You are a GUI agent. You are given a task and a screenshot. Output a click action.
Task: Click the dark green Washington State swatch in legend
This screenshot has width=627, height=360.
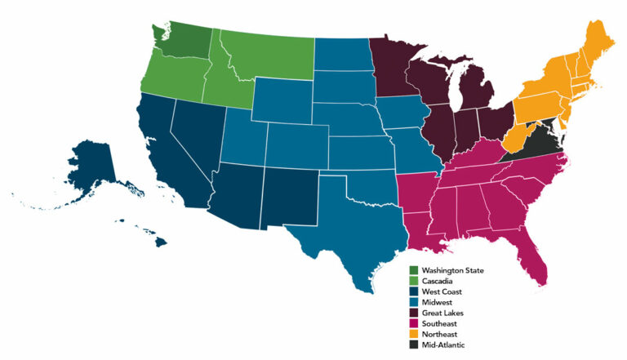click(x=414, y=270)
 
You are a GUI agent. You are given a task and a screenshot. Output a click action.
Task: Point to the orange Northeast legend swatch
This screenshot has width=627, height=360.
click(x=414, y=334)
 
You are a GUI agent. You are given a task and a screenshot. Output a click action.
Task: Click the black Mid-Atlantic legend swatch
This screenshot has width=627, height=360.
click(x=414, y=344)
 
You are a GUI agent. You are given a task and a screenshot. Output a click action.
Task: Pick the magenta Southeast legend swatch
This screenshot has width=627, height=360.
click(x=414, y=323)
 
